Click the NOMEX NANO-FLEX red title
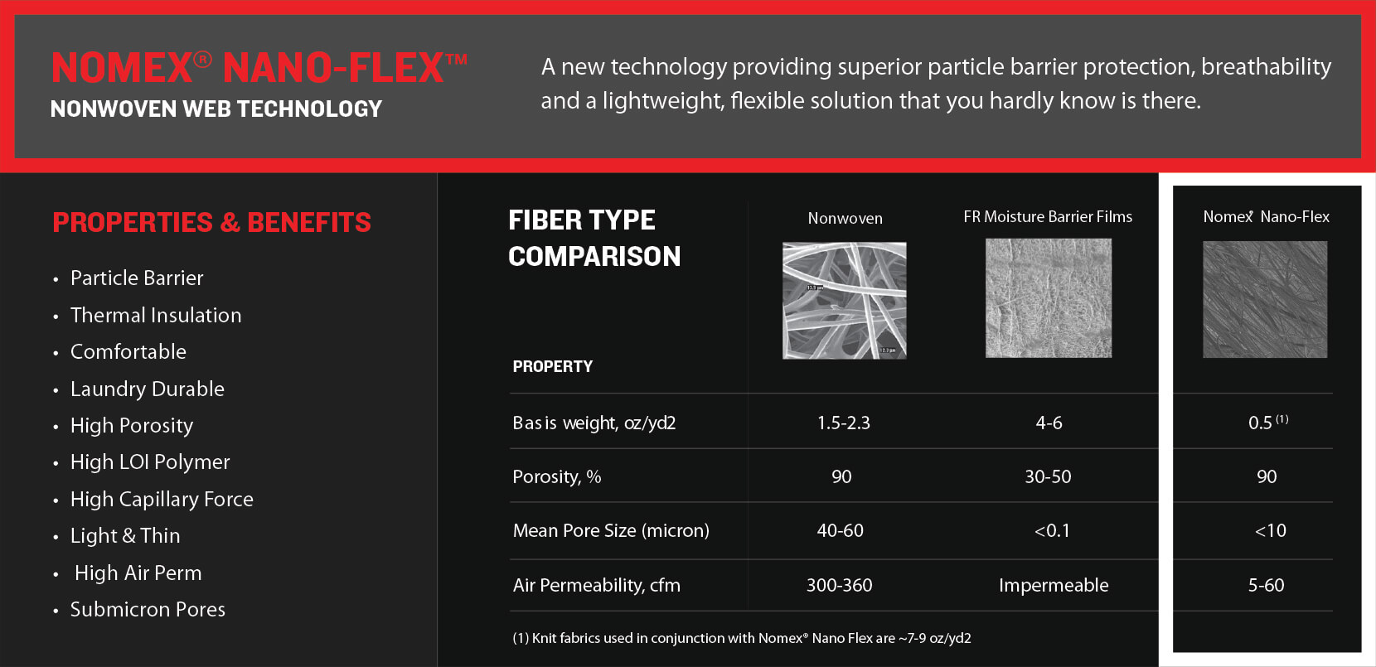259,67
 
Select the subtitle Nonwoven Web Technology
216,109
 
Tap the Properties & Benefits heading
212,222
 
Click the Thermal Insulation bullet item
156,315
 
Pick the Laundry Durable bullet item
148,389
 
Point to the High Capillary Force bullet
162,500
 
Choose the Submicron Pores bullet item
148,609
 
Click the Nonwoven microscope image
845,300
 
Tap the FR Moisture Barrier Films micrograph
1049,298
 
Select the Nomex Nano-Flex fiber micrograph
1265,300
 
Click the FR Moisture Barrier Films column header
1048,217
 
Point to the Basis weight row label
594,423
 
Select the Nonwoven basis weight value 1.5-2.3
843,423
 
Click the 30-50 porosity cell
1048,476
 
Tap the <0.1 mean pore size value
1052,530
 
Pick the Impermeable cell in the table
1054,585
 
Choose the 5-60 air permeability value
1266,585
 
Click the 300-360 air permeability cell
839,585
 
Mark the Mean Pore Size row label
611,530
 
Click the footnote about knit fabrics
742,638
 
